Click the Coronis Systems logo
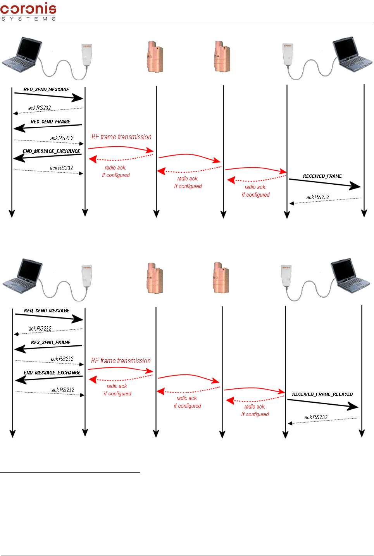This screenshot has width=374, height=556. click(x=28, y=11)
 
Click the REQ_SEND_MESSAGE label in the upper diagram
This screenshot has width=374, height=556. click(x=46, y=90)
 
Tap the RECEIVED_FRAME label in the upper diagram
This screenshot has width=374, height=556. click(x=322, y=176)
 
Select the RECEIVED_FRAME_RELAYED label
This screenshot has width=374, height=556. click(x=322, y=394)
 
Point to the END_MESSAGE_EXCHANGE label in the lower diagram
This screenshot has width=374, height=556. click(x=52, y=373)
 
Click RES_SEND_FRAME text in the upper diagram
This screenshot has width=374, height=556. click(x=50, y=122)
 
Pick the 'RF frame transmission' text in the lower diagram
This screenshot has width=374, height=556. click(x=121, y=361)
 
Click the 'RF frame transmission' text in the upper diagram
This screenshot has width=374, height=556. click(x=121, y=137)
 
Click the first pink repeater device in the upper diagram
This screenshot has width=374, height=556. click(x=155, y=57)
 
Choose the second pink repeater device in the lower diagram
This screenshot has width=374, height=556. click(x=221, y=278)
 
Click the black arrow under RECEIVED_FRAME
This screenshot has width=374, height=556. click(x=325, y=183)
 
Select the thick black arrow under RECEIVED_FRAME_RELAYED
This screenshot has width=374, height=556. click(x=322, y=403)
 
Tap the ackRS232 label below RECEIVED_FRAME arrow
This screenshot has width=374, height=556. click(x=317, y=197)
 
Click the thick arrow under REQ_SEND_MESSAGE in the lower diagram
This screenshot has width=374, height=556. click(x=49, y=317)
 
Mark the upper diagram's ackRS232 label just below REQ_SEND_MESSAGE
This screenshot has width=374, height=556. click(x=40, y=108)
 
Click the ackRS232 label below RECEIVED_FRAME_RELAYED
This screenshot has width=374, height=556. click(x=316, y=417)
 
